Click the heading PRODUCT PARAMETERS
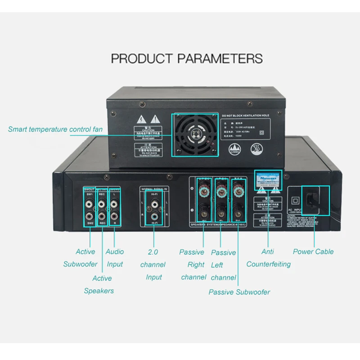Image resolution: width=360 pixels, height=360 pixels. (x=187, y=58)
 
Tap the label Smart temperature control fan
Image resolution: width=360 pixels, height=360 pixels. (x=55, y=130)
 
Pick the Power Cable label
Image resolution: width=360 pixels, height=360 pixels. (x=313, y=252)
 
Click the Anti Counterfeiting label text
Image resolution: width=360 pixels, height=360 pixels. (x=268, y=258)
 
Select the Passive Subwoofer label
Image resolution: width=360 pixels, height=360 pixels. (x=239, y=292)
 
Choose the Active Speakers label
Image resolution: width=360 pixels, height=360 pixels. (x=99, y=284)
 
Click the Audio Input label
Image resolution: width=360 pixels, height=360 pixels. (x=115, y=258)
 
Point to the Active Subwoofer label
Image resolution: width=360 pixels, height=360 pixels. (x=81, y=258)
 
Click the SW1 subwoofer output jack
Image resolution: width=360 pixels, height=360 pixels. (x=90, y=205)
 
